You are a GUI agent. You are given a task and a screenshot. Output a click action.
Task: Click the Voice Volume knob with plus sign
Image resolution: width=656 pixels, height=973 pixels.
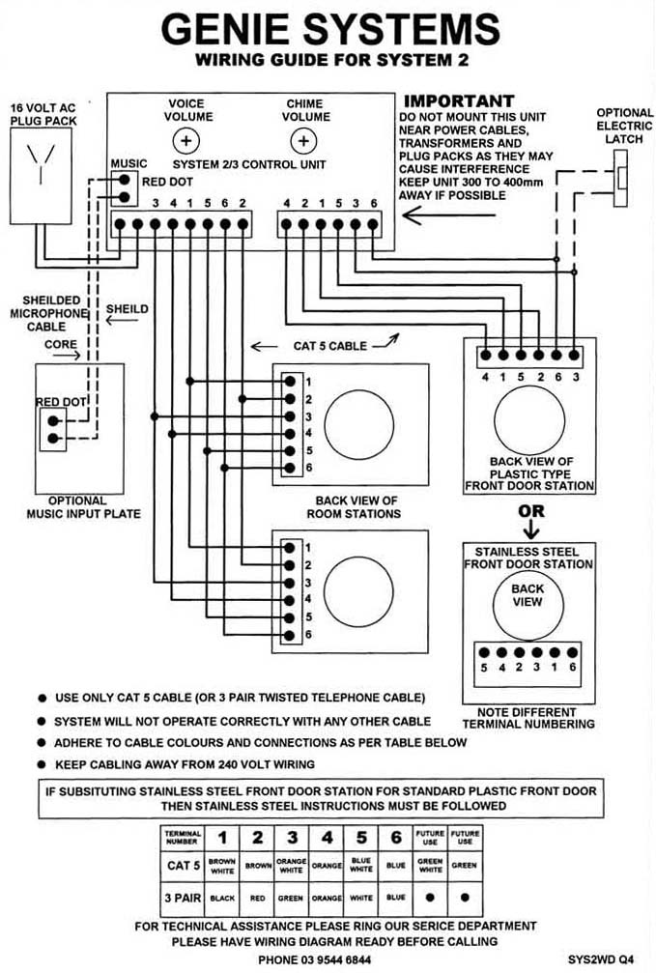(x=185, y=141)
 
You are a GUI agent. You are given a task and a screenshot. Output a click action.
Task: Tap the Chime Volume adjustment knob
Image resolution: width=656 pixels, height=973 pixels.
(x=302, y=141)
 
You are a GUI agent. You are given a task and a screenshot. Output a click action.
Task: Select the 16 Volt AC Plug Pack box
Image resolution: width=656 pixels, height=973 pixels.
(x=41, y=176)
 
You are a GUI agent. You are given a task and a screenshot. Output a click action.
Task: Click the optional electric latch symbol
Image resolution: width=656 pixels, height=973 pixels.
(x=620, y=178)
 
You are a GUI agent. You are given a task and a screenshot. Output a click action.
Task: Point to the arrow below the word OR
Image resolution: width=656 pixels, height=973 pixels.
(x=530, y=529)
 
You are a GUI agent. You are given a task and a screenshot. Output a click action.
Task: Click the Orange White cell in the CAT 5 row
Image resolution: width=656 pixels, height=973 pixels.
(x=291, y=866)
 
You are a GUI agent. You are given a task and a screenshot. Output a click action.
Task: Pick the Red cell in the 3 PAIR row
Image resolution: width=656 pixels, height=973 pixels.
(x=257, y=898)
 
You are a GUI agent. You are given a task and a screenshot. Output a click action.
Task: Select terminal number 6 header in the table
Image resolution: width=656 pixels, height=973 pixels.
(x=396, y=838)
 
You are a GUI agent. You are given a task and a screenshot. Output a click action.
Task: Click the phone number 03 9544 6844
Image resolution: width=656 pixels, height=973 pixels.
(x=315, y=960)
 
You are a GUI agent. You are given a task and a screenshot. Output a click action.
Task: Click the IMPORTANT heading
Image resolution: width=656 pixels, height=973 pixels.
(x=459, y=100)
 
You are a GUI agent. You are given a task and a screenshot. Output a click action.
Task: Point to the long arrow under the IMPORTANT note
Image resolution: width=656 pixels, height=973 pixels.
(x=448, y=215)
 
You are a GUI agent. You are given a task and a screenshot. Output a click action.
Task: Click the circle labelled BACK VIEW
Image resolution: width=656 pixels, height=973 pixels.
(x=528, y=605)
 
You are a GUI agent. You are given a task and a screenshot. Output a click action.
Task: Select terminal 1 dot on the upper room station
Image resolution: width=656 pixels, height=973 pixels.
(x=290, y=381)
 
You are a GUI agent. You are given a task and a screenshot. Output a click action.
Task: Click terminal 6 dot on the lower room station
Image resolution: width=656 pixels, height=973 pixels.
(x=289, y=636)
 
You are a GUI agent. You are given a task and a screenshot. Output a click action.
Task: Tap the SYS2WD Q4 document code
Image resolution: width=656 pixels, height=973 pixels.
(x=601, y=960)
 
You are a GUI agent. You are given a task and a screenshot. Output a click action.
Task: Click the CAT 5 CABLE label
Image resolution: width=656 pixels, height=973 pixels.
(x=330, y=346)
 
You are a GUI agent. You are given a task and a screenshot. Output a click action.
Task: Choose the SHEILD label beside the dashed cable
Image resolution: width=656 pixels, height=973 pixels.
(x=128, y=309)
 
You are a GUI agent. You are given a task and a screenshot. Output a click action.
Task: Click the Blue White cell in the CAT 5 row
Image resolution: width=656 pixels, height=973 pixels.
(x=360, y=866)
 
